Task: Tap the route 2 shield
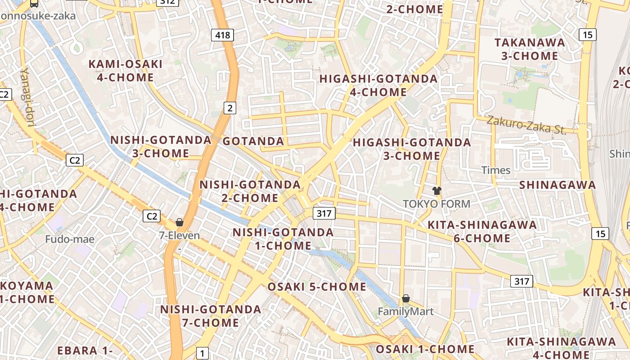coord(230,108)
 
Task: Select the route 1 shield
coord(202,353)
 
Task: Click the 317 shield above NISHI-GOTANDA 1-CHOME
coord(324,213)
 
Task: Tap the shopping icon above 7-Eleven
coord(180,222)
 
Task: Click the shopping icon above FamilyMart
coord(406,298)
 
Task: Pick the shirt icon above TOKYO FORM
coord(436,190)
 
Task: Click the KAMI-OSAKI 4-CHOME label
coord(126,71)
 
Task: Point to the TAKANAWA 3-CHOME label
coord(530,49)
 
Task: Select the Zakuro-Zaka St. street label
coord(526,125)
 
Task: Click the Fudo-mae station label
coord(70,239)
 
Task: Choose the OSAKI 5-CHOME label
coord(317,287)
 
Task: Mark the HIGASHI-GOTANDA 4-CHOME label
coord(378,85)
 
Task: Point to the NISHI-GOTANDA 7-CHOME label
coord(211,316)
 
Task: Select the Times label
coord(496,170)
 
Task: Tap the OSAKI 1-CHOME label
coord(425,349)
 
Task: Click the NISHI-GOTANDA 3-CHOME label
coord(161,146)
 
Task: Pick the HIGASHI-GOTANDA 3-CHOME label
coord(412,149)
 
